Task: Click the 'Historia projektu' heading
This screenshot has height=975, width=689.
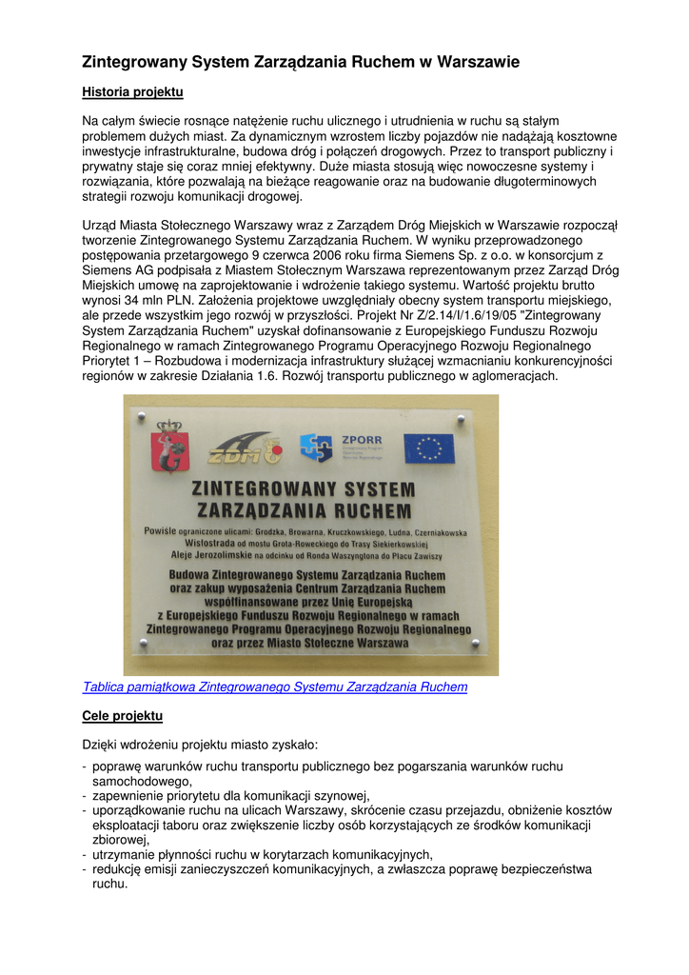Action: click(132, 92)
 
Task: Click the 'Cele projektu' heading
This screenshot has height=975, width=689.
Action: click(123, 715)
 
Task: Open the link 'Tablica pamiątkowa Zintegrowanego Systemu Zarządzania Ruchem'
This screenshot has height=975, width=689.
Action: click(275, 686)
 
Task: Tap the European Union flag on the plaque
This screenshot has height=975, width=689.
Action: click(429, 448)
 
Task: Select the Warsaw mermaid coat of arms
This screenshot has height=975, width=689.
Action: click(171, 447)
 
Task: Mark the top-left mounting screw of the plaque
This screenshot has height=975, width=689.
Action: click(143, 416)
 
